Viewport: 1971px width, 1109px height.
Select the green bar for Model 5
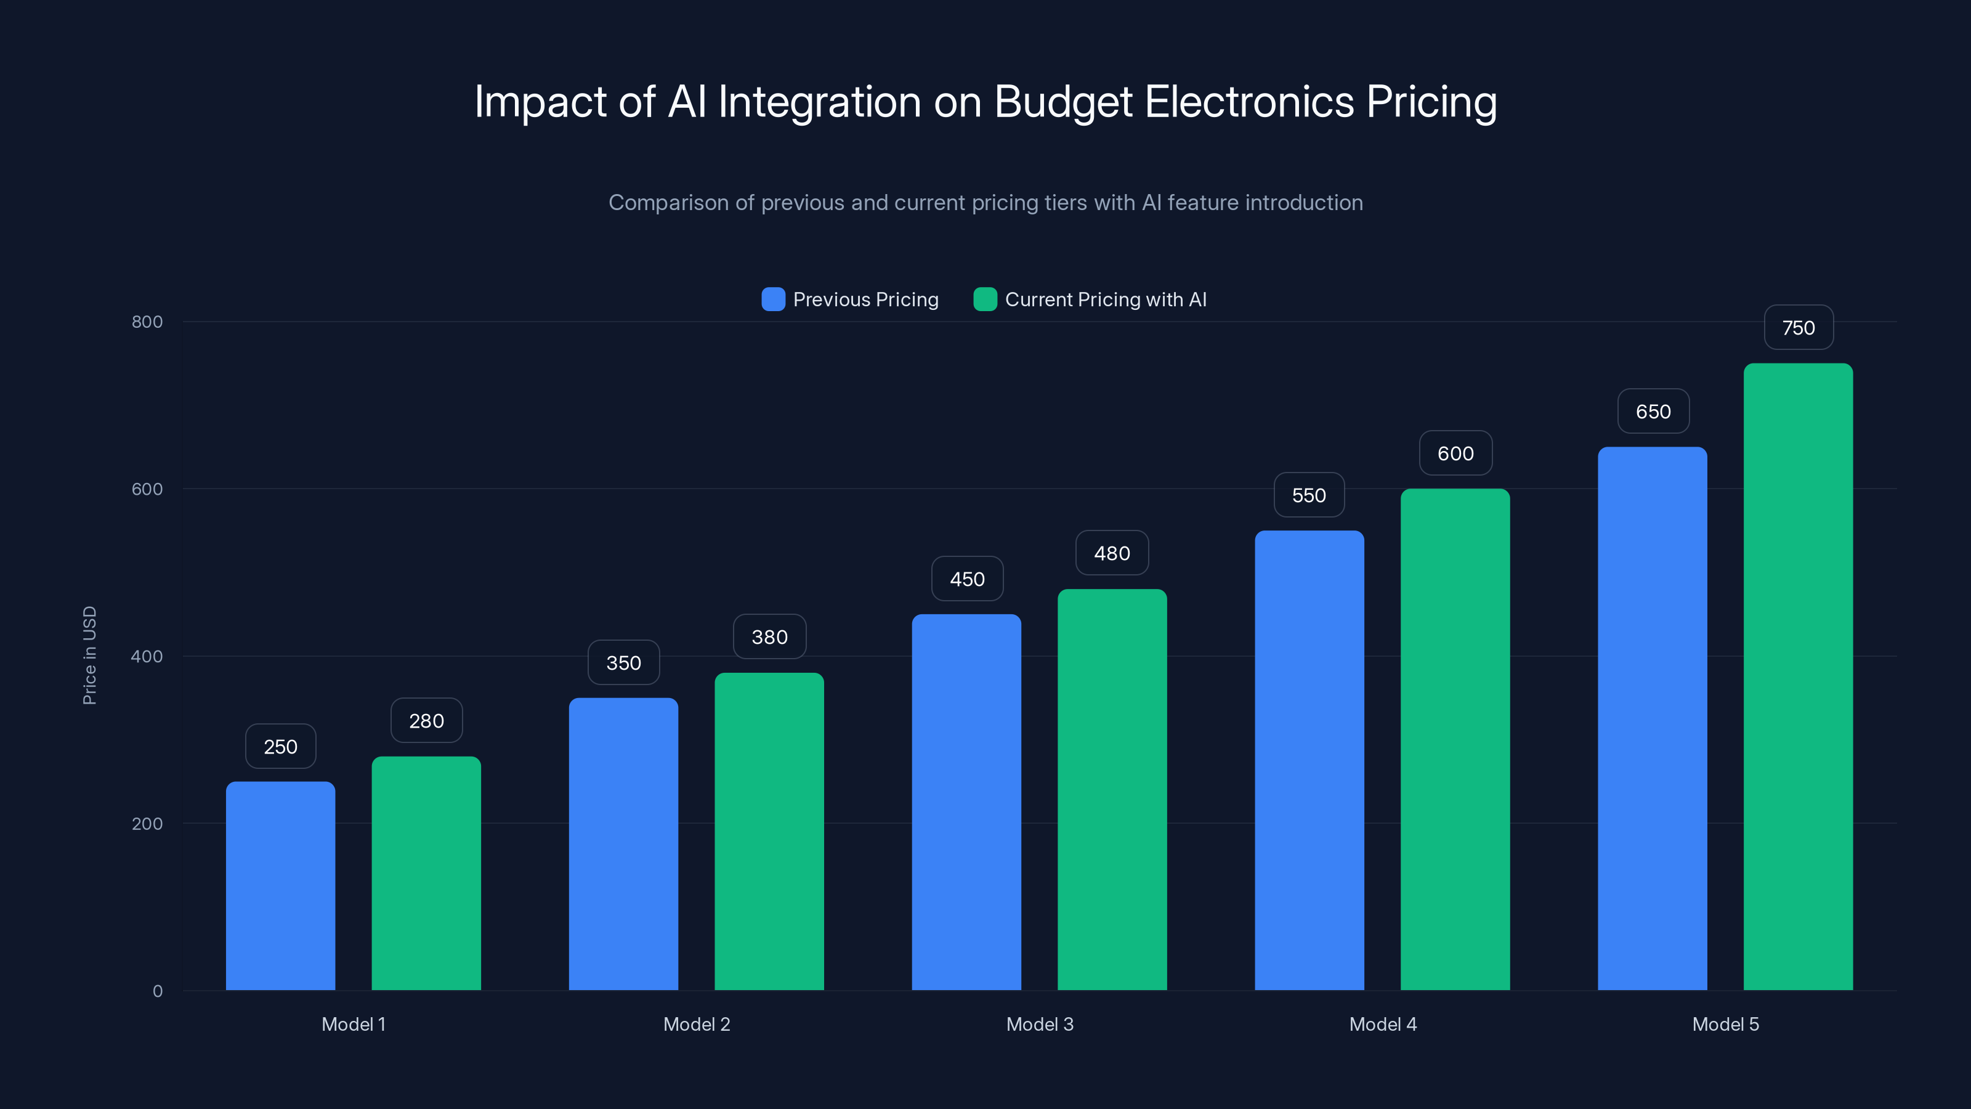(1797, 676)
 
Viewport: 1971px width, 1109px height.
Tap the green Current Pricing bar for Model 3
(1112, 789)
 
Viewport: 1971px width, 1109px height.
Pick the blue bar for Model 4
(1308, 760)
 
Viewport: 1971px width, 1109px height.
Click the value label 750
(1798, 328)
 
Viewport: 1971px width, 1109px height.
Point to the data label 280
(426, 721)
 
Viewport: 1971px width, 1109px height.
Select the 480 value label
(1112, 553)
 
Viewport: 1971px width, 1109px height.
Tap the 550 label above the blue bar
(1308, 495)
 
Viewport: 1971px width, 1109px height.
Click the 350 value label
(623, 663)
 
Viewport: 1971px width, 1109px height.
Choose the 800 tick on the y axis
(147, 322)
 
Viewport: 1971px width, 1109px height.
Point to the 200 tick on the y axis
(147, 824)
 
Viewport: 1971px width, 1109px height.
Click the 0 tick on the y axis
(158, 991)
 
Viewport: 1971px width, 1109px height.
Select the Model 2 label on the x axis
(696, 1024)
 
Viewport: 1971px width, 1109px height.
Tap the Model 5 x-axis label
(1725, 1024)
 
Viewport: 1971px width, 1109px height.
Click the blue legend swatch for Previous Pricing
(773, 299)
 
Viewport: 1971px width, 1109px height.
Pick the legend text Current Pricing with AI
(1105, 299)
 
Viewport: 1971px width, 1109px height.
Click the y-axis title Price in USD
(89, 655)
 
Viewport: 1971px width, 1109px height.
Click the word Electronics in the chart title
(1249, 102)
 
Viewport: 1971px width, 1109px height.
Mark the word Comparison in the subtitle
(668, 203)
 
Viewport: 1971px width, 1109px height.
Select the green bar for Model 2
(769, 831)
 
